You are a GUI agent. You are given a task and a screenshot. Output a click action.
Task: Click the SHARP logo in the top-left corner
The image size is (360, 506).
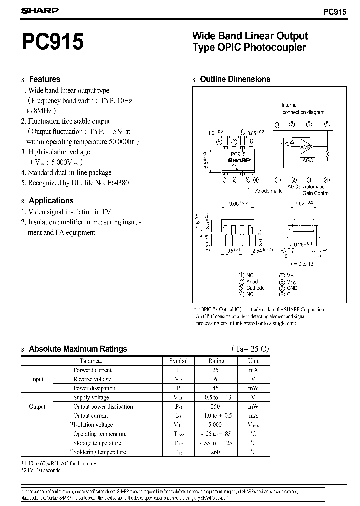coord(40,10)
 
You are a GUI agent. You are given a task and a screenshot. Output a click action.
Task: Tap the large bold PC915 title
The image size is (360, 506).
coord(52,41)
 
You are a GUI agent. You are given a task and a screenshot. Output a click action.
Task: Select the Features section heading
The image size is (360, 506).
coord(44,79)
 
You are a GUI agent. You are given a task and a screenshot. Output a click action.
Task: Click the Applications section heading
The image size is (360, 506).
coord(51,200)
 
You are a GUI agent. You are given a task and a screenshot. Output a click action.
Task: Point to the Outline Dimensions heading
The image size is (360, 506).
coord(235,79)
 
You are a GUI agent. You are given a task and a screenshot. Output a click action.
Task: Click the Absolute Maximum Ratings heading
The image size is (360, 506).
coord(78,349)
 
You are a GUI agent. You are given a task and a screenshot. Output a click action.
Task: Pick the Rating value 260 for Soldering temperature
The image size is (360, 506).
coord(216,452)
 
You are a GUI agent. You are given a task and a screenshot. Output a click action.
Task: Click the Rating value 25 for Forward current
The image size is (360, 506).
coord(216,370)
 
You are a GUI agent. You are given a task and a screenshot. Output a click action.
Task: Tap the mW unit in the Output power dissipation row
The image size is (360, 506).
coord(254,406)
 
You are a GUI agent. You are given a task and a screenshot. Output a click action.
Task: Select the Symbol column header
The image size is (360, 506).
coord(178,360)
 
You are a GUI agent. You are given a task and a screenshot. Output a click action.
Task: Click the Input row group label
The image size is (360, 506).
coord(37,379)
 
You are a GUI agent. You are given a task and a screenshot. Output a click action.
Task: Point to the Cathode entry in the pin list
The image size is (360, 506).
coord(255,288)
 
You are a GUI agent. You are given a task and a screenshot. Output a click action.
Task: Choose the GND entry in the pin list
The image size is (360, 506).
coord(292,288)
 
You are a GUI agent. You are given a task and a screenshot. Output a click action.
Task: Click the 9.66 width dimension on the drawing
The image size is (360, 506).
coord(235,203)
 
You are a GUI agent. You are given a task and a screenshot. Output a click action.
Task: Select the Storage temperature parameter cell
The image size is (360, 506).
coord(97,443)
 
